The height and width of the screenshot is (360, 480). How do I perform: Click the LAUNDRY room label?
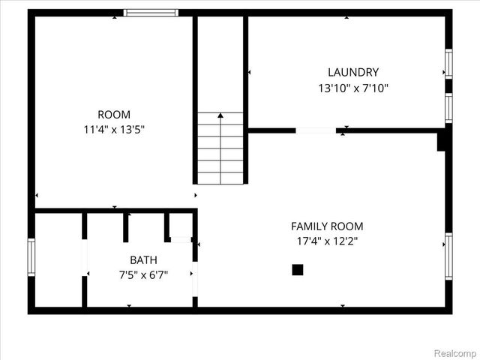(352, 73)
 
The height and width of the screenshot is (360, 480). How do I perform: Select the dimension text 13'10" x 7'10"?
(352, 88)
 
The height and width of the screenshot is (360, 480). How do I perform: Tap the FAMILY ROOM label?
(327, 226)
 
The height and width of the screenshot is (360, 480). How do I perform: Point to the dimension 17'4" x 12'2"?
(327, 241)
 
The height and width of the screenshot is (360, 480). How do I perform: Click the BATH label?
(143, 259)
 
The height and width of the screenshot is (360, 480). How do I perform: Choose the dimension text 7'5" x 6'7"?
(143, 274)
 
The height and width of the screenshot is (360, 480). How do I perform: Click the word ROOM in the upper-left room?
(114, 115)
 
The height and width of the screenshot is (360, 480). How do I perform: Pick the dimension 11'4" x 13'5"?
(114, 129)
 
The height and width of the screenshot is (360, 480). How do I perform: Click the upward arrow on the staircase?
(220, 116)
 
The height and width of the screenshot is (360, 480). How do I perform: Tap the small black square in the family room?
(298, 269)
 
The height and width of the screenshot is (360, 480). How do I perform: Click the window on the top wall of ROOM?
(151, 13)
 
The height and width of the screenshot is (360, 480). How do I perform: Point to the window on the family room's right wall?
(448, 256)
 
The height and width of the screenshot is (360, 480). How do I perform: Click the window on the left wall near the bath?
(31, 256)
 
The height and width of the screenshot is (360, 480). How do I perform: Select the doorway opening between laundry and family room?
(316, 130)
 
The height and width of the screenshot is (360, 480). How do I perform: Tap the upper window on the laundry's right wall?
(448, 64)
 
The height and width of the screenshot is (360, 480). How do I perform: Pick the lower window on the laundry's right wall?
(448, 107)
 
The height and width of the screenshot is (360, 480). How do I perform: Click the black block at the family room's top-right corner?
(442, 140)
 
